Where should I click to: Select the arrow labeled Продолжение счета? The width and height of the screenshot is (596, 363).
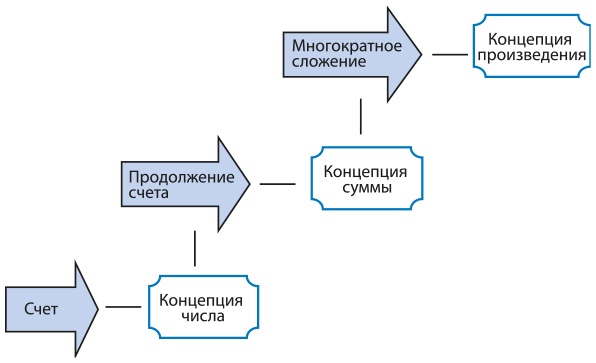coord(180,184)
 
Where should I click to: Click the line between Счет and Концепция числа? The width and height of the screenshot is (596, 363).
coord(122,308)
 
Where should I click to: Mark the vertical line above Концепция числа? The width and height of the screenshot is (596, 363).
coord(194,248)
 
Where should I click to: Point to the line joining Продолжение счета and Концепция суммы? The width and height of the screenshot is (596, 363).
coord(277,183)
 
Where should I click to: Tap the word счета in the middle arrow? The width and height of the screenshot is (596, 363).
coord(146,194)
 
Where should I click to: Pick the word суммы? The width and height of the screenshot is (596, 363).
coord(358,189)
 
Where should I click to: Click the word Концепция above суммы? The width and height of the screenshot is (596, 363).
coord(358,169)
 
